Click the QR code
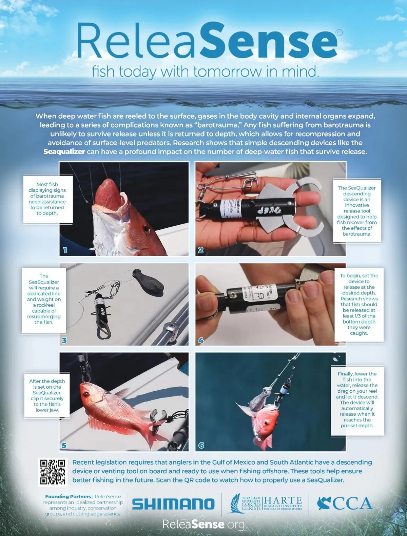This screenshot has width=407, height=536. [53, 472]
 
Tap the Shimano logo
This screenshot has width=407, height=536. [173, 504]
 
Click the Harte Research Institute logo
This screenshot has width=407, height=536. [266, 503]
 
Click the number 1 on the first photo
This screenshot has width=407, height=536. [65, 250]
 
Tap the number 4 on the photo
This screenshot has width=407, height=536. [201, 340]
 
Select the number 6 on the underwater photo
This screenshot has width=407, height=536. [201, 446]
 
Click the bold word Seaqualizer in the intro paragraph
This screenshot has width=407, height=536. [64, 152]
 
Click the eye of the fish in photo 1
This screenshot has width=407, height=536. [147, 229]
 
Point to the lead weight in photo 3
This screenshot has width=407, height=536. [148, 282]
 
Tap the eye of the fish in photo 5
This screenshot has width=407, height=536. [86, 394]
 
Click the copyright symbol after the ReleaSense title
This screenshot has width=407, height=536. [339, 33]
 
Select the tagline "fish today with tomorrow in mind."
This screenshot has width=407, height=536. [206, 72]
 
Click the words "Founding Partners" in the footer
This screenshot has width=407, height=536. [68, 496]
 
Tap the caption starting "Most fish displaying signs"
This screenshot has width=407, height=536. [47, 199]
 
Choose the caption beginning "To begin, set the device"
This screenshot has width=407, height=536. [359, 304]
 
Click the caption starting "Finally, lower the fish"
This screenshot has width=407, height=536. [357, 400]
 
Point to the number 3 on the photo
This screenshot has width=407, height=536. [64, 340]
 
